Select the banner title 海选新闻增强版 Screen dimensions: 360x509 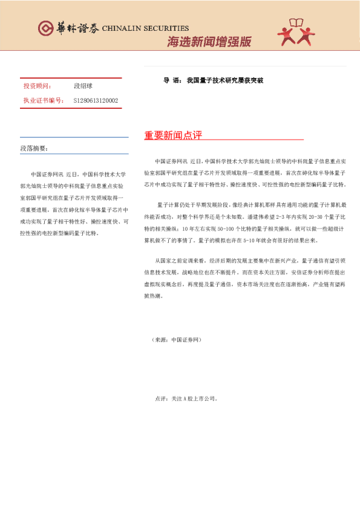[209, 42]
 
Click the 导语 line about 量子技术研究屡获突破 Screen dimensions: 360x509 [213, 80]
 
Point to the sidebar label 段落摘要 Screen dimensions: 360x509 [34, 148]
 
